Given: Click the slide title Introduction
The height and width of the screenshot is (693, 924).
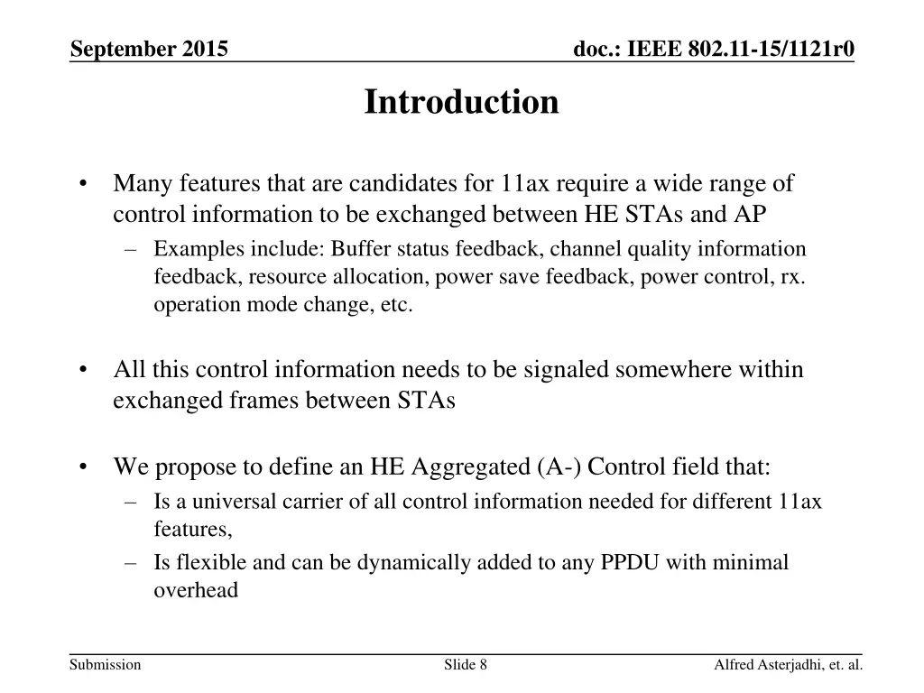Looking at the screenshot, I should click(461, 102).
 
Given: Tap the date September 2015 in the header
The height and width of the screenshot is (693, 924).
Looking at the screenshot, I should click(149, 48).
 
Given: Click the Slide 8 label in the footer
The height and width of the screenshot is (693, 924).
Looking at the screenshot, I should click(466, 666).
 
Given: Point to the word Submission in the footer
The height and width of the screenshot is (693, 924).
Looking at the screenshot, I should click(106, 666).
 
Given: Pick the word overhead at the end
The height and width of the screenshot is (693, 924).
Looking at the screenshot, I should click(196, 591).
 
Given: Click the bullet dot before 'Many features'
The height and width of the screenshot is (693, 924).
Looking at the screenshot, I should click(83, 184).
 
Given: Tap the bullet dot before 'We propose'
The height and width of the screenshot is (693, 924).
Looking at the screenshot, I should click(83, 467).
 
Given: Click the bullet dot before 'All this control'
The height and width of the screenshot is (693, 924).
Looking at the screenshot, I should click(83, 370).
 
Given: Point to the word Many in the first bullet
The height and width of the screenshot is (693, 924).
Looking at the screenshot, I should click(143, 184).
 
